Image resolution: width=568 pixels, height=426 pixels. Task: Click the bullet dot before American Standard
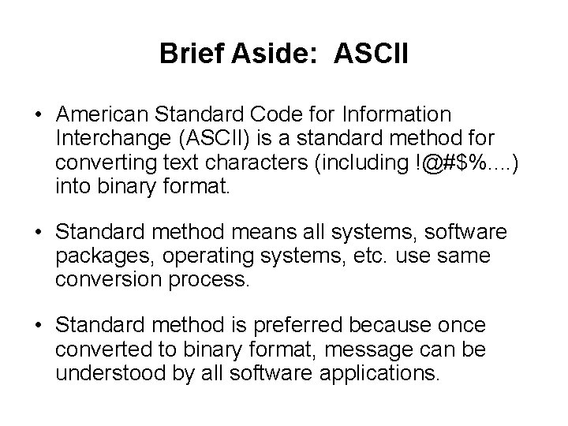point(38,115)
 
